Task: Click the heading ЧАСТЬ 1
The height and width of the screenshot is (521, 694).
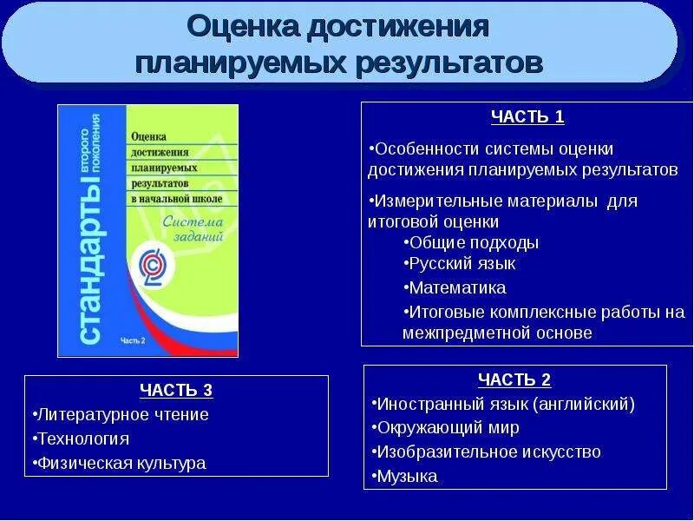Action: coord(527,117)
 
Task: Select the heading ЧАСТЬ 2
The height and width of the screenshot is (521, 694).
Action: coord(514,379)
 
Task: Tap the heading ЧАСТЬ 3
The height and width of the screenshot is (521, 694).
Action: coord(176,390)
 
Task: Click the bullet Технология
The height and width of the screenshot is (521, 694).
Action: coord(80,439)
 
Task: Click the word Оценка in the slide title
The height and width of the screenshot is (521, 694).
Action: coord(241,27)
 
